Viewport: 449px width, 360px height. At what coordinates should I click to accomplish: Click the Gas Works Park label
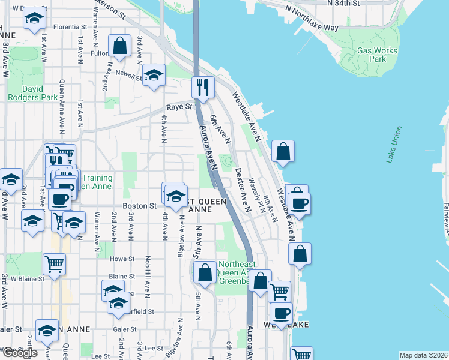[x=377, y=55]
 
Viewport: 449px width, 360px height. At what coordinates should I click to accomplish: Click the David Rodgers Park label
[x=32, y=92]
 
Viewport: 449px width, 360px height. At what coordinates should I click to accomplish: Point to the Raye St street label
[x=178, y=107]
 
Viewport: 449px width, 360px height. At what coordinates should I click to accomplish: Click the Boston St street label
[x=139, y=205]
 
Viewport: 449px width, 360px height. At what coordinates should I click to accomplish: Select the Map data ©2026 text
[x=423, y=355]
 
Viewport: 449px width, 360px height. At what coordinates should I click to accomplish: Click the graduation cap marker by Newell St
[x=154, y=75]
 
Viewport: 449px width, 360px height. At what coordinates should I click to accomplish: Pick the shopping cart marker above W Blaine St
[x=54, y=263]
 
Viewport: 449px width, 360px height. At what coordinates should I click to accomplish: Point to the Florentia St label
[x=70, y=27]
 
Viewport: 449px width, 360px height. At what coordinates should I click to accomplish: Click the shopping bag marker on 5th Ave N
[x=205, y=272]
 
